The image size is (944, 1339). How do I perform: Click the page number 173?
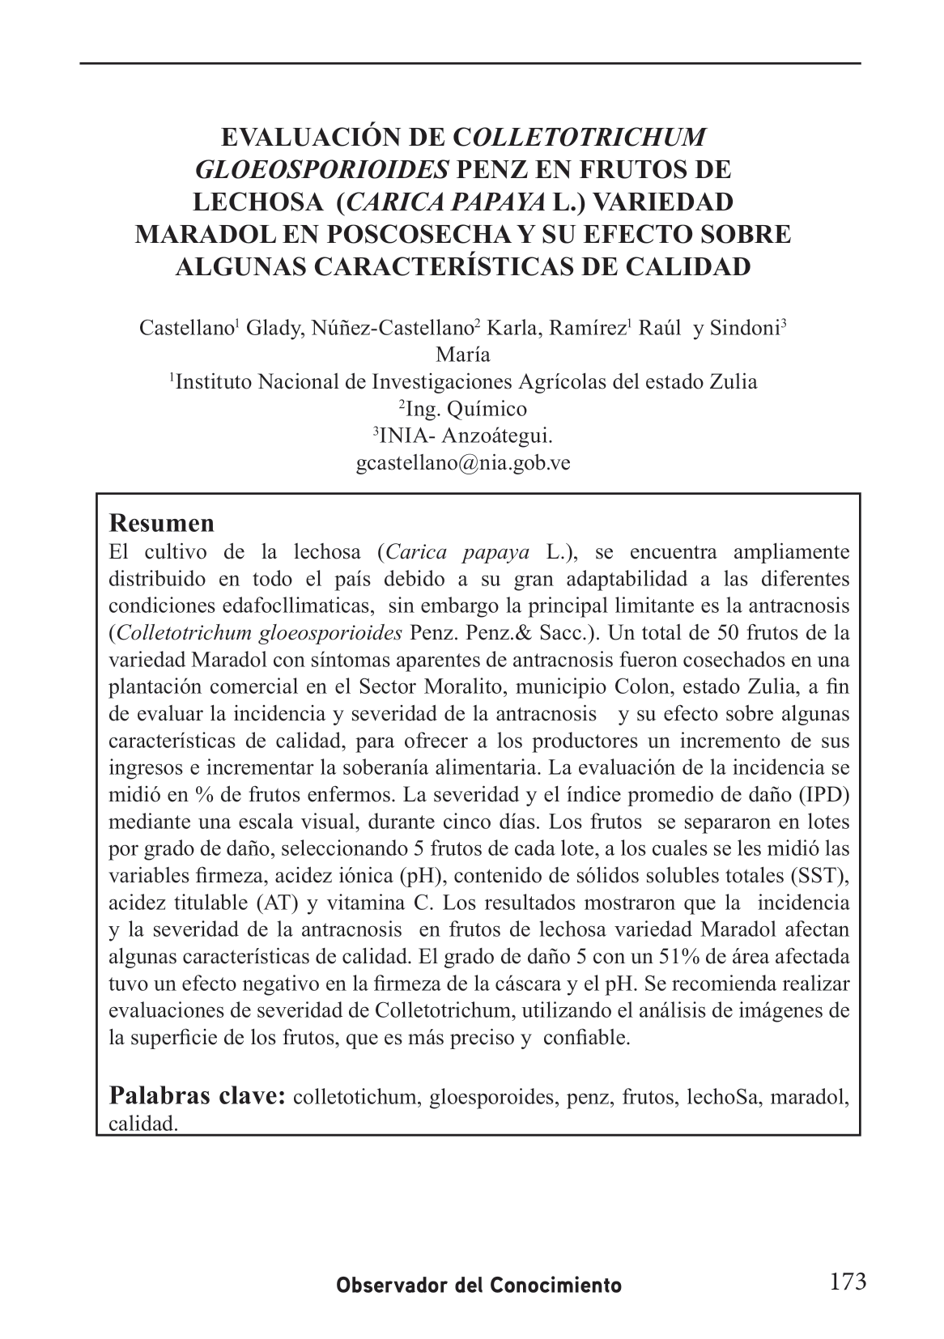coord(848,1282)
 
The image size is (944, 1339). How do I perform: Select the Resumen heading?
coord(162,523)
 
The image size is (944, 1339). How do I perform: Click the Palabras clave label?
coord(197,1095)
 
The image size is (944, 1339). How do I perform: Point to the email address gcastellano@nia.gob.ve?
coord(463,464)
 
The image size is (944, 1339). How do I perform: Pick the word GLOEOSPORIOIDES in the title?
coord(323,169)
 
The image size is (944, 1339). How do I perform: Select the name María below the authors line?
coord(462,354)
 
